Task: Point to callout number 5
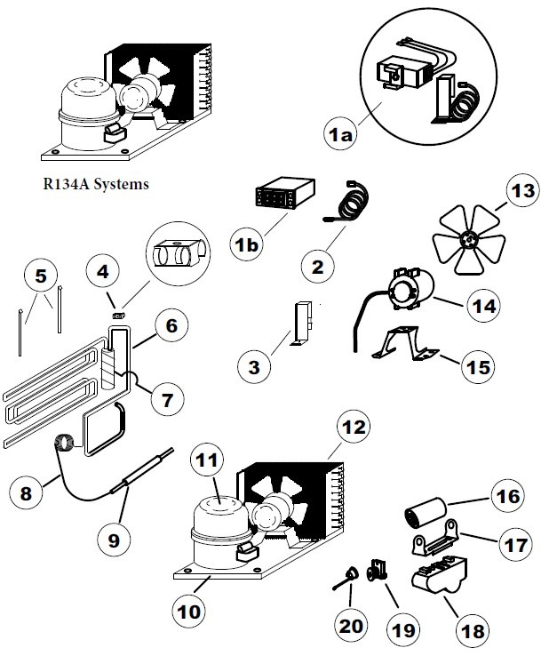[x=40, y=276]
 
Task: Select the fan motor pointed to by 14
[x=410, y=292]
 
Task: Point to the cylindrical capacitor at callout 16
[x=426, y=514]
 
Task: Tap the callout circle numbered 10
[x=190, y=612]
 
